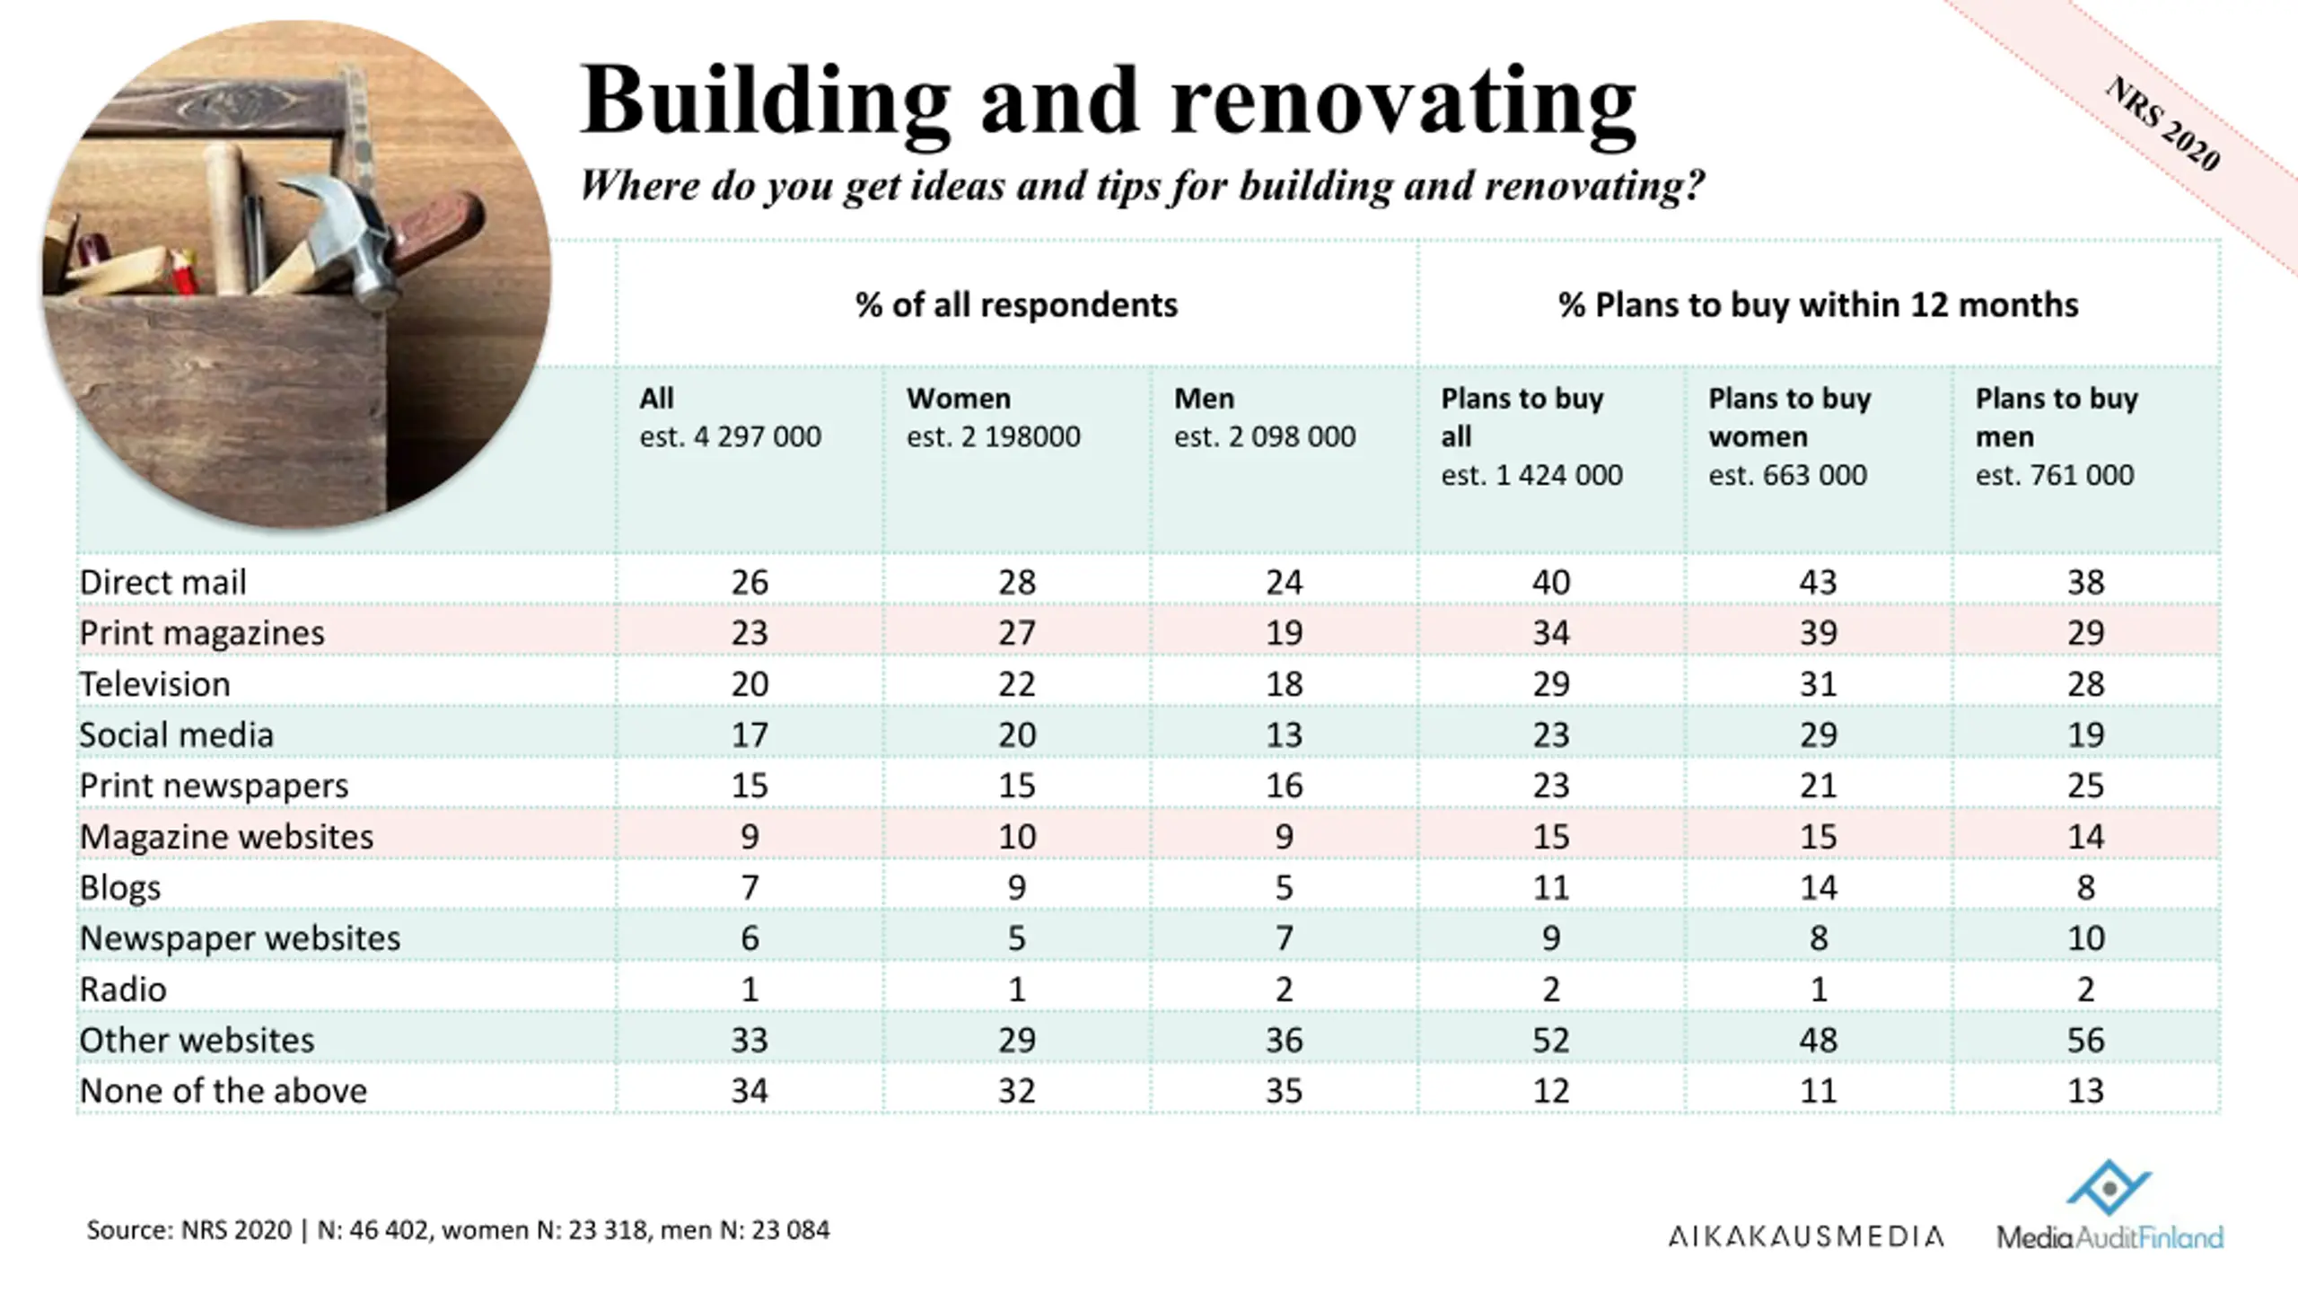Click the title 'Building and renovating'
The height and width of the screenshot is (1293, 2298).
coord(1108,101)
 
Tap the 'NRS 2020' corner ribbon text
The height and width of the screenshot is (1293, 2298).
coord(2163,123)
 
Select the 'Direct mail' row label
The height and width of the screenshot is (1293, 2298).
coord(162,583)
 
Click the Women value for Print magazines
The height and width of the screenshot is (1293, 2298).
coord(1016,633)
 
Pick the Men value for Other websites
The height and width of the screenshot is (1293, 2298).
coord(1284,1040)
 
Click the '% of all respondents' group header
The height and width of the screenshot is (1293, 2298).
coord(1016,305)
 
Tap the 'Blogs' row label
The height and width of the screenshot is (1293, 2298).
coord(120,887)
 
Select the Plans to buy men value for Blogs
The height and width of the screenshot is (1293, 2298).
coord(2085,887)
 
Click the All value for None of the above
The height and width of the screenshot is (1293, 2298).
coord(749,1091)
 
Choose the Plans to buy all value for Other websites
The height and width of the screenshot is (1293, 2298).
coord(1550,1040)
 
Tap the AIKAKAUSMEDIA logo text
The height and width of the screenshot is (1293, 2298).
coord(1806,1236)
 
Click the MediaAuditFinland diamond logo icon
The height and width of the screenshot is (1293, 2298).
coord(2109,1187)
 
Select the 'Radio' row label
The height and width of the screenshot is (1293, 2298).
coord(123,990)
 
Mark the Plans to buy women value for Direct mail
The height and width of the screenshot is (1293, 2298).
coord(1818,583)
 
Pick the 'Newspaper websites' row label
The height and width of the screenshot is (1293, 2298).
coord(240,938)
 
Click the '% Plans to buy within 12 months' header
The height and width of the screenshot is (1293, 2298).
coord(1818,305)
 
